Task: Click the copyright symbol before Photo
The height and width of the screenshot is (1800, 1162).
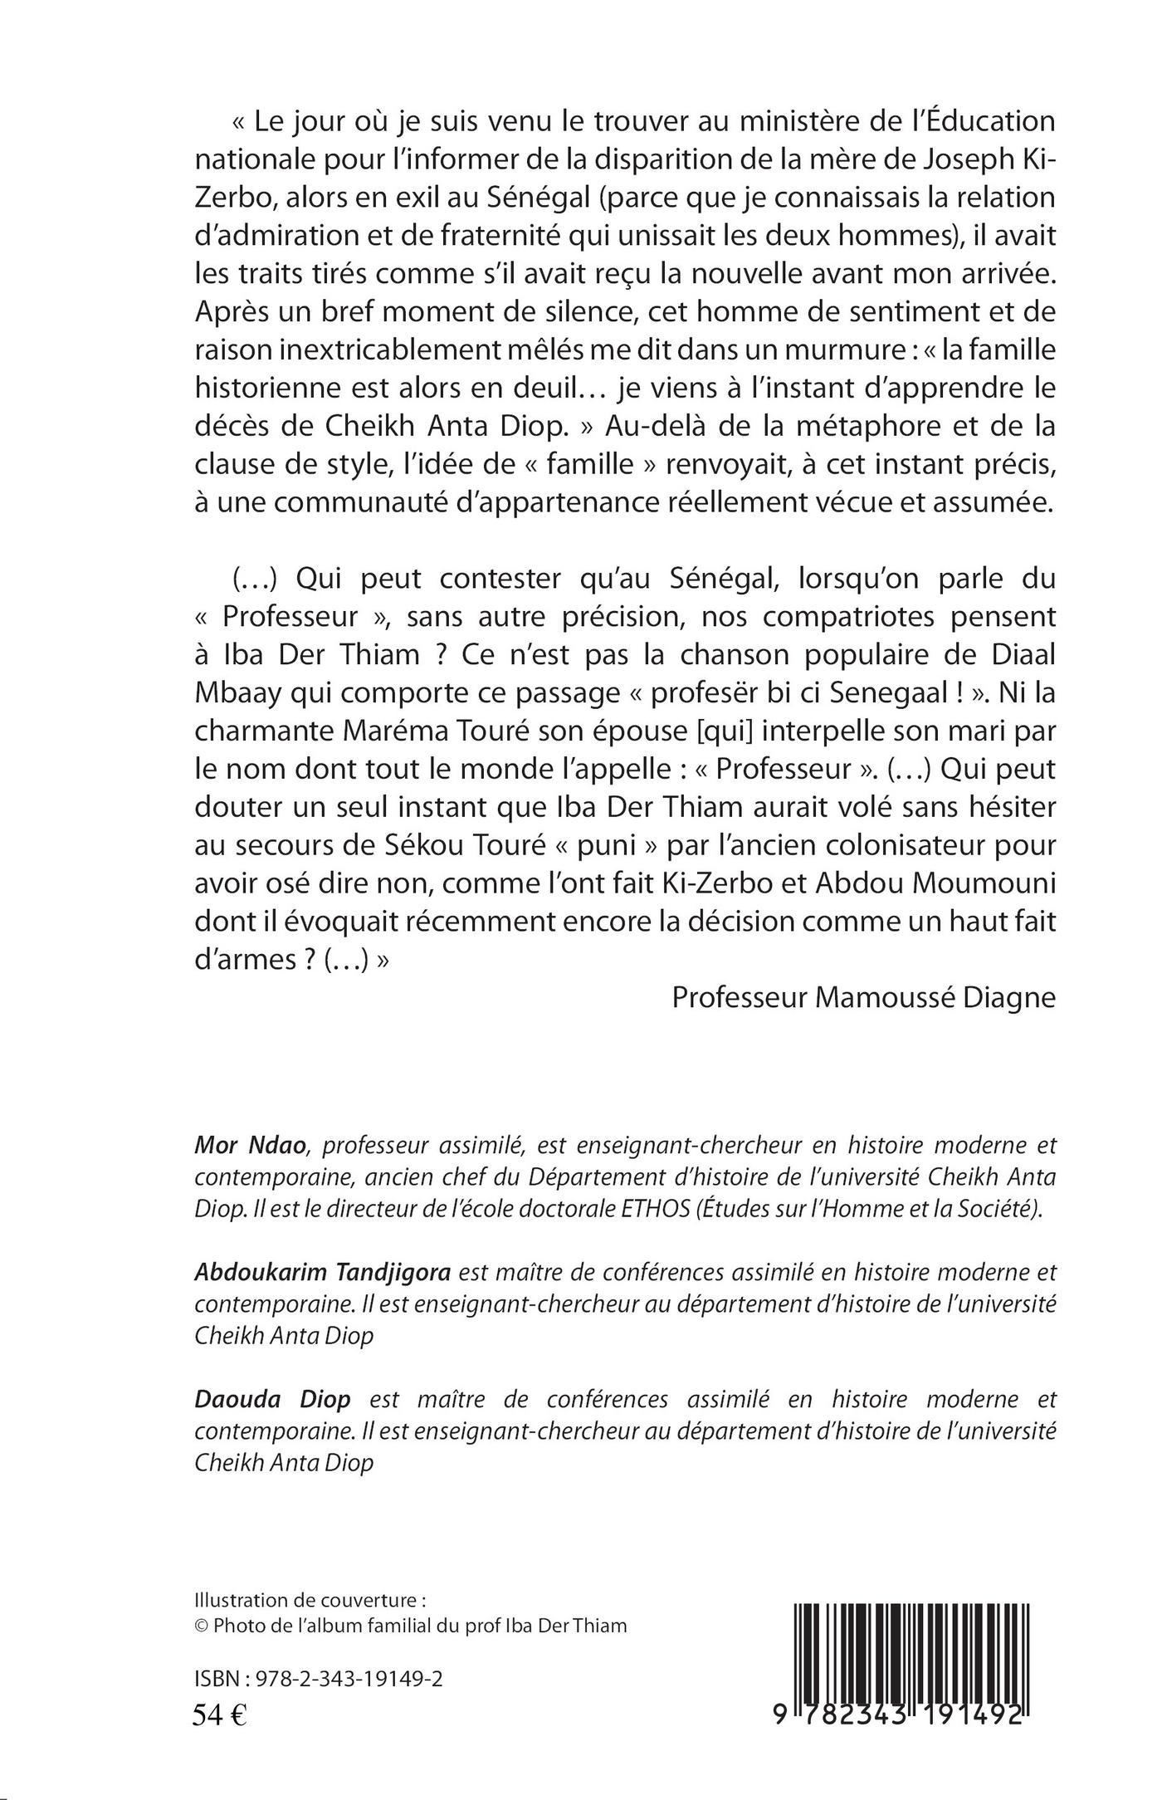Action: pos(200,1626)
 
